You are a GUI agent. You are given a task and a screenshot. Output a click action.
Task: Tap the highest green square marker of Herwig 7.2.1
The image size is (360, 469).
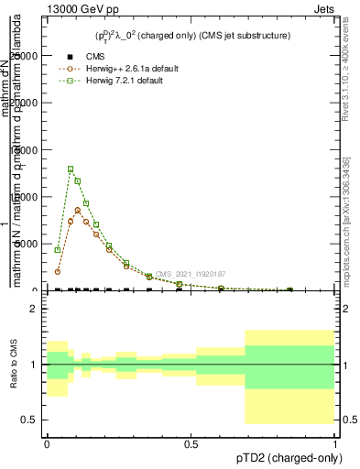tap(71, 169)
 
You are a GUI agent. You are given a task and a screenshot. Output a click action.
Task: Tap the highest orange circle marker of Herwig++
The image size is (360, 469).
tap(78, 210)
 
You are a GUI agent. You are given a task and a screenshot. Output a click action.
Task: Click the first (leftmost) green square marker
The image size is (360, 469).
tap(58, 250)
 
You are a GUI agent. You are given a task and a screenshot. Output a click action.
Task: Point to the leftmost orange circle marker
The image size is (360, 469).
tap(58, 271)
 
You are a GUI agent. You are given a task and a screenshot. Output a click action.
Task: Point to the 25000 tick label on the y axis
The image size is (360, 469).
tap(22, 56)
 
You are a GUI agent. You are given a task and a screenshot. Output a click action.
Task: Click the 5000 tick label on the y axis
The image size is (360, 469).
tap(25, 244)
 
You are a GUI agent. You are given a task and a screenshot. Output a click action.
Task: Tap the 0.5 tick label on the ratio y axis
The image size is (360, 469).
tap(29, 420)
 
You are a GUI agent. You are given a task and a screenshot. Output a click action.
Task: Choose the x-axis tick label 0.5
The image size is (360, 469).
tap(191, 443)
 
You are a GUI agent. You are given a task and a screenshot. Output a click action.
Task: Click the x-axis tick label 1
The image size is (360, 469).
tap(334, 443)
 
